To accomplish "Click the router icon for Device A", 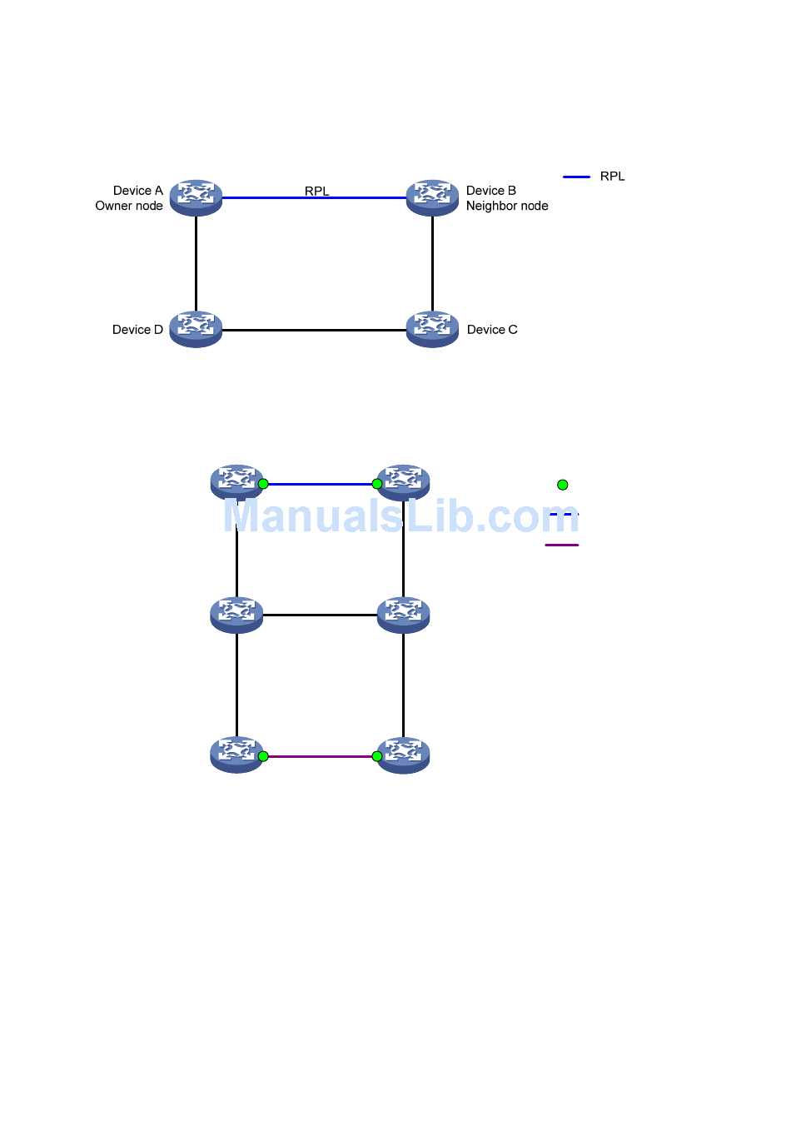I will pyautogui.click(x=196, y=197).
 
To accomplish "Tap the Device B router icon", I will pyautogui.click(x=432, y=197).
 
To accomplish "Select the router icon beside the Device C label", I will pyautogui.click(x=432, y=329).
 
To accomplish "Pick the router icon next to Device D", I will pyautogui.click(x=196, y=329).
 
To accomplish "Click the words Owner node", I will pyautogui.click(x=129, y=206).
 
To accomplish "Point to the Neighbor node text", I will pyautogui.click(x=507, y=206).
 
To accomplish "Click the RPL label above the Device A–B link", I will pyautogui.click(x=316, y=191).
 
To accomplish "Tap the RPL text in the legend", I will pyautogui.click(x=612, y=177).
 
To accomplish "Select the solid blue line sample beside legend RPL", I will pyautogui.click(x=576, y=177).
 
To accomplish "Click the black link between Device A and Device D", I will pyautogui.click(x=196, y=263).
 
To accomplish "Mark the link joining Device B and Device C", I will pyautogui.click(x=432, y=263).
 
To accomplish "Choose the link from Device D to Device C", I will pyautogui.click(x=314, y=330).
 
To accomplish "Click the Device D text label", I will pyautogui.click(x=137, y=330).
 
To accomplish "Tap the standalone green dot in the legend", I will pyautogui.click(x=563, y=485).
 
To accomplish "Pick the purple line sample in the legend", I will pyautogui.click(x=562, y=545).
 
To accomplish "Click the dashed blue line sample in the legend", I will pyautogui.click(x=564, y=515).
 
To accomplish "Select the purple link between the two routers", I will pyautogui.click(x=320, y=756).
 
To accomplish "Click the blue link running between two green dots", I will pyautogui.click(x=320, y=484).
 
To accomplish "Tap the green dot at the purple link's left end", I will pyautogui.click(x=263, y=756).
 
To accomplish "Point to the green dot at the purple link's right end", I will pyautogui.click(x=377, y=756).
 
